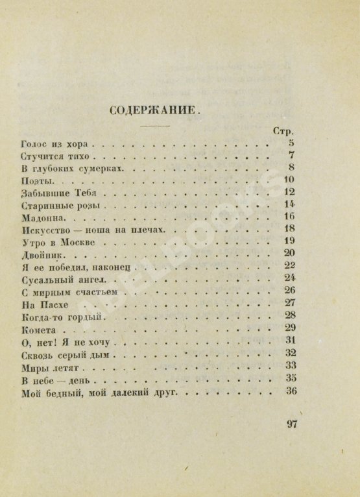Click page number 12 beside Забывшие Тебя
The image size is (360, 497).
pyautogui.click(x=290, y=192)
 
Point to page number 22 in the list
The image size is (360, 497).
pyautogui.click(x=290, y=265)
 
